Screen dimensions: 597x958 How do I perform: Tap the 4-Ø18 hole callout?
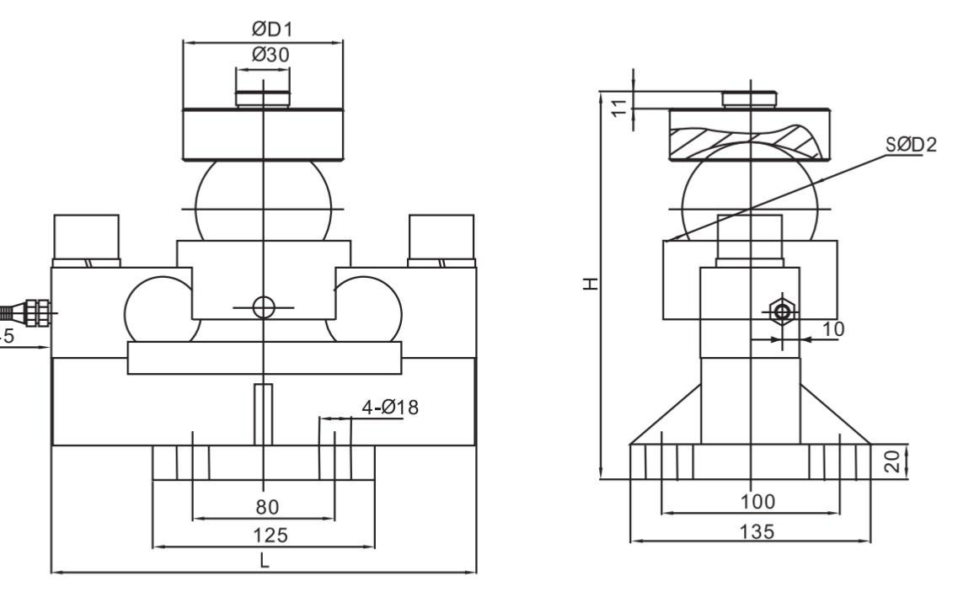pos(390,408)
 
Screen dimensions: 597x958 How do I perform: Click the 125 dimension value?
pos(263,535)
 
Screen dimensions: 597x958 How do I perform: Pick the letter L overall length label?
pos(264,562)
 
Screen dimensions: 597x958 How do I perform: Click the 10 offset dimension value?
pos(832,328)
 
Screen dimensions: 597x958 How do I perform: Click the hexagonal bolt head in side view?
pos(781,312)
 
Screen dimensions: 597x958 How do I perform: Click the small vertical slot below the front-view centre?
pos(263,414)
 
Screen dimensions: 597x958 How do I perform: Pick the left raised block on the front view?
pos(86,238)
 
